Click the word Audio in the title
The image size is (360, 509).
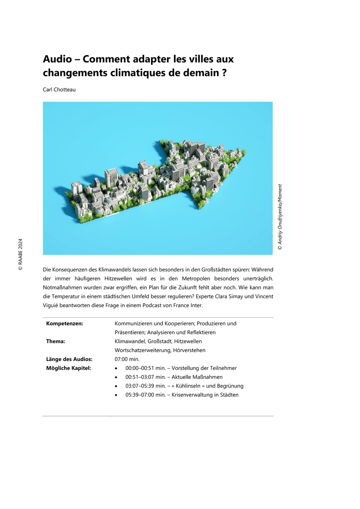[57, 59]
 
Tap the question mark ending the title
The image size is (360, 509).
[223, 72]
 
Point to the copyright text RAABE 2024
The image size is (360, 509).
[20, 254]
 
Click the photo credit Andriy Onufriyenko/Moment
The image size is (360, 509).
[279, 216]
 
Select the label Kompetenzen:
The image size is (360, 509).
[64, 323]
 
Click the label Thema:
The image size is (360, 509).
[56, 341]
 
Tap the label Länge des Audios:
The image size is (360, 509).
[69, 359]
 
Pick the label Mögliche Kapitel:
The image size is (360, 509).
[68, 368]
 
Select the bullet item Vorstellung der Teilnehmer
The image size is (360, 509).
[204, 368]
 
